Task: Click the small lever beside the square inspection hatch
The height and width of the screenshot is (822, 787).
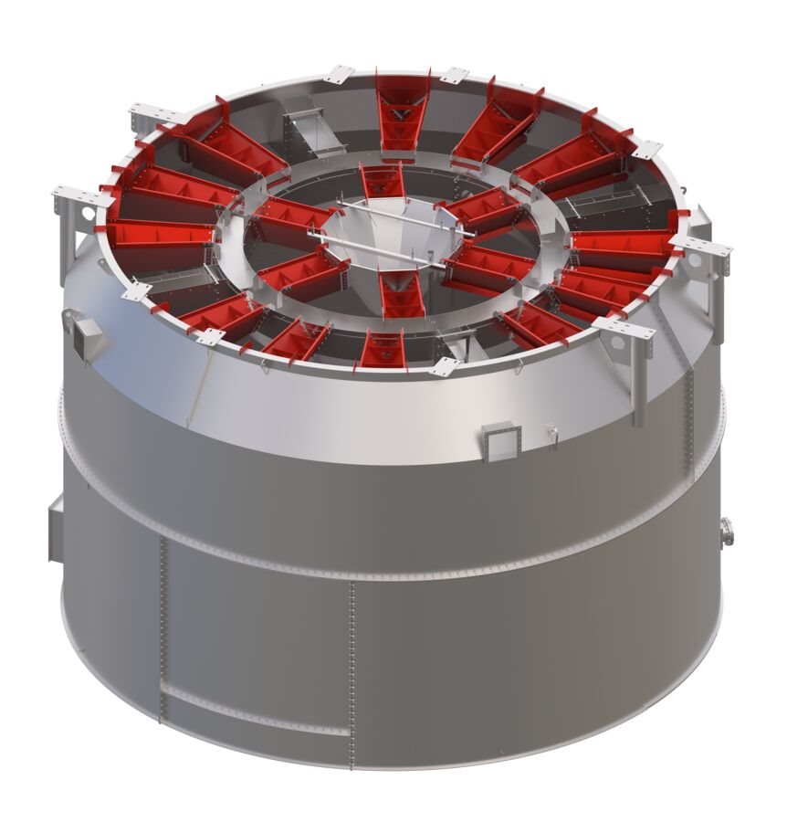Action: (x=551, y=429)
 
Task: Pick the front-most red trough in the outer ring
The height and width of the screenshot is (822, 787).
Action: (x=383, y=348)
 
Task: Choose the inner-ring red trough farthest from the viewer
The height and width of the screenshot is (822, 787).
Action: (x=381, y=180)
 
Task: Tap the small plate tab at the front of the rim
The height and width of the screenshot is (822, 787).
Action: (x=446, y=366)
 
